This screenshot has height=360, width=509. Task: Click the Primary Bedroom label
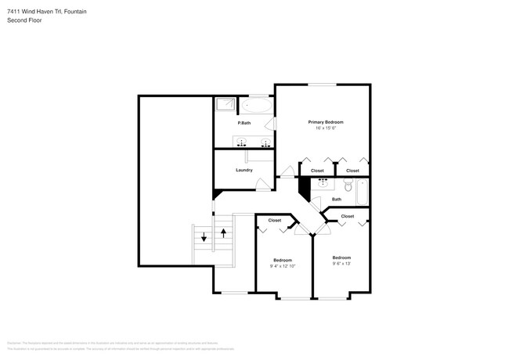(x=326, y=122)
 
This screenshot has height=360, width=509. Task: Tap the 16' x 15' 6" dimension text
(x=326, y=129)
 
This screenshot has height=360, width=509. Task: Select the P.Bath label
(x=244, y=123)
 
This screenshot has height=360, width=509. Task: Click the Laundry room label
(x=244, y=170)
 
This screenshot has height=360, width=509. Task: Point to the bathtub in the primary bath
(x=257, y=105)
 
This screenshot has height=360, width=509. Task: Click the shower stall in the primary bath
(x=226, y=104)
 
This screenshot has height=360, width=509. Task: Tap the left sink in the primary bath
(x=241, y=142)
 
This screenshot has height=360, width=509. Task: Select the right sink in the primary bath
(x=265, y=142)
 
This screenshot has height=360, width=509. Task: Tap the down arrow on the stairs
(x=204, y=237)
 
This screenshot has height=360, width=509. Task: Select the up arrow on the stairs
(x=223, y=233)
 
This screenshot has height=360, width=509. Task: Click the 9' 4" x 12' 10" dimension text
(x=283, y=267)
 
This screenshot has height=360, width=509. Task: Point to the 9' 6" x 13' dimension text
(x=341, y=265)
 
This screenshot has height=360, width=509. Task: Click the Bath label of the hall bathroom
(x=337, y=200)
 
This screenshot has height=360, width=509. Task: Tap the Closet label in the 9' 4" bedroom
(x=275, y=221)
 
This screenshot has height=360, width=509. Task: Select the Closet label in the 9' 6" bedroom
(x=347, y=216)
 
